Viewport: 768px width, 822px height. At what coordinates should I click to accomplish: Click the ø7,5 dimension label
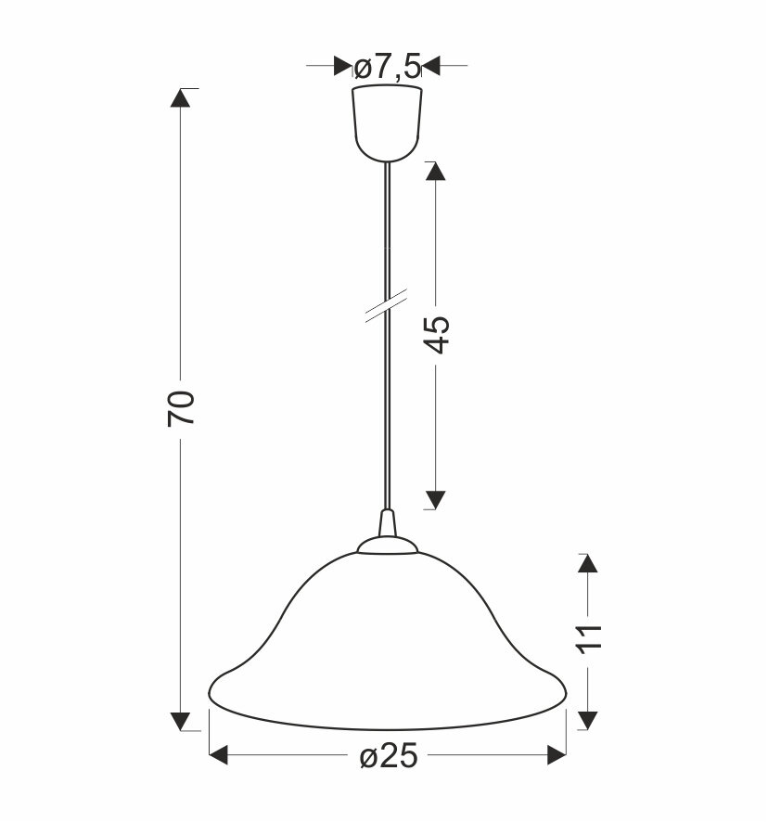[388, 68]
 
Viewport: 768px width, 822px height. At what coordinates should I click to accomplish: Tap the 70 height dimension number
[181, 408]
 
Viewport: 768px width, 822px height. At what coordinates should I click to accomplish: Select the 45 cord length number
[436, 334]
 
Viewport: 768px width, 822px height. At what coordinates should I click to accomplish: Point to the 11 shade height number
[589, 638]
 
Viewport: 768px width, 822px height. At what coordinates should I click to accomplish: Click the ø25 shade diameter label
[389, 756]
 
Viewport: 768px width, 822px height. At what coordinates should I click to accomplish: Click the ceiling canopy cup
[387, 123]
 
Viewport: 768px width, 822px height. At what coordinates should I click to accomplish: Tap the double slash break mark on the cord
[387, 305]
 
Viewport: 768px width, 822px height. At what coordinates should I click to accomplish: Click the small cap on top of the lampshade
[388, 545]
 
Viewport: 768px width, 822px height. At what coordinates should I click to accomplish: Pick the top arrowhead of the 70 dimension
[180, 97]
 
